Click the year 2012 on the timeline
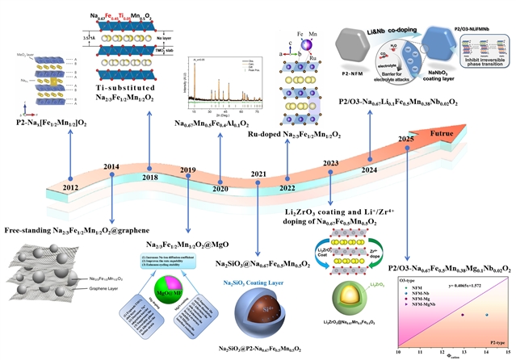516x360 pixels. (71, 188)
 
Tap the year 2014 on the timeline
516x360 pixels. (111, 167)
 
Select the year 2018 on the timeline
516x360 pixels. (149, 177)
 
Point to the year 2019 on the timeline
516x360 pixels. (187, 170)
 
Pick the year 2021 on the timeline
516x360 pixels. (258, 174)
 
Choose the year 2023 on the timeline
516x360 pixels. (330, 163)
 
